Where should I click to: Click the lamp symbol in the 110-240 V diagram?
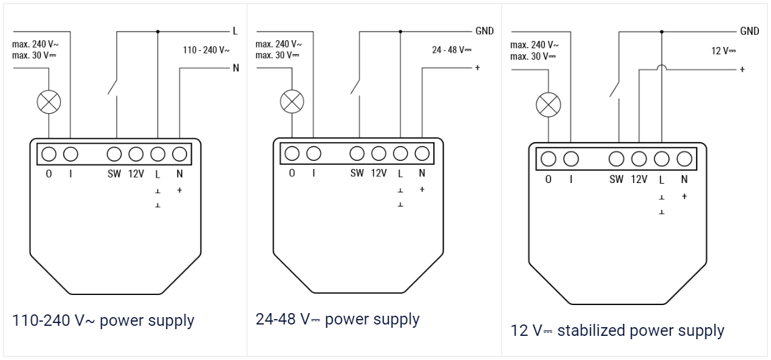coord(49,103)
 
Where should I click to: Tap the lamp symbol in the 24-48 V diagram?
coord(292,102)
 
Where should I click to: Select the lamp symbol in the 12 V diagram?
coord(548,104)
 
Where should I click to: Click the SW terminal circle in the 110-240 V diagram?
coord(114,154)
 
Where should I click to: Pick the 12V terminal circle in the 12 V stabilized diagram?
coord(639,159)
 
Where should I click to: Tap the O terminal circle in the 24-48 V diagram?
coord(292,154)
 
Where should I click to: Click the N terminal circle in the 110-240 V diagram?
coord(180,154)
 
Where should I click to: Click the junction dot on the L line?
coord(158,32)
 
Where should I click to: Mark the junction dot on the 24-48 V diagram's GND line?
coord(400,32)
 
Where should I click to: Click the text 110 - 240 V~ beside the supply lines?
coord(206,50)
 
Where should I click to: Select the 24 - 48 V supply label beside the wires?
coord(452,50)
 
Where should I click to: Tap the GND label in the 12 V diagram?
coord(750,32)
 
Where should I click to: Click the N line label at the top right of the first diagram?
coord(236,68)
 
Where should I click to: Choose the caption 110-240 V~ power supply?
coord(103,320)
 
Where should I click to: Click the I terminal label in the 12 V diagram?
coord(571,180)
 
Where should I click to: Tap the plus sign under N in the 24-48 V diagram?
coord(422,189)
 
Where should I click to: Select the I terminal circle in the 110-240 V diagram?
coord(71,154)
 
